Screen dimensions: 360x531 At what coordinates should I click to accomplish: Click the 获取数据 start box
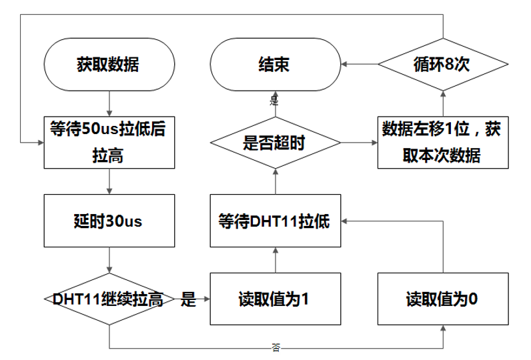point(109,65)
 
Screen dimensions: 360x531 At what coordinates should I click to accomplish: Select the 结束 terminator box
point(275,65)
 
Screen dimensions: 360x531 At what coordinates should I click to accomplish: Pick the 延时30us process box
point(109,221)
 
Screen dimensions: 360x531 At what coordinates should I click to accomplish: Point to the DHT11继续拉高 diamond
point(109,299)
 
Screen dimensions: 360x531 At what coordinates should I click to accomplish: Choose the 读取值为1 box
point(275,299)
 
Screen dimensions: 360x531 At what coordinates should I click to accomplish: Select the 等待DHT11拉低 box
point(275,221)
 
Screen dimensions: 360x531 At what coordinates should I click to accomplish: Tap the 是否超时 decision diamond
point(275,143)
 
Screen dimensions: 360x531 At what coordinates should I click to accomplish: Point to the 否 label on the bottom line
point(276,348)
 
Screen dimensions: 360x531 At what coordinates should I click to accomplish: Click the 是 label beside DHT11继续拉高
point(189,299)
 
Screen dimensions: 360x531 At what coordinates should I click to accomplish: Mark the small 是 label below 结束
point(274,101)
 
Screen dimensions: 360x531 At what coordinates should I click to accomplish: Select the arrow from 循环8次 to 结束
point(360,65)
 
